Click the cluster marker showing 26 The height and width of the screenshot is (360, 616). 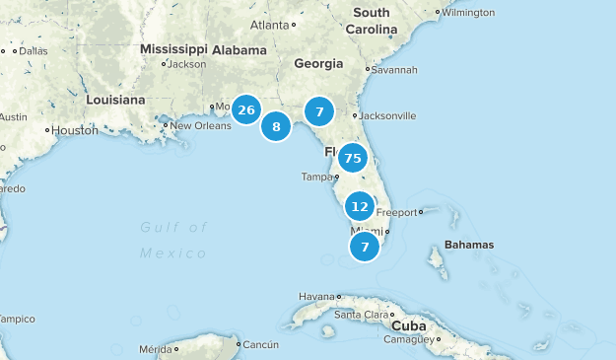(246, 109)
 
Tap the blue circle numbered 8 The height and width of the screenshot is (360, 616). (276, 126)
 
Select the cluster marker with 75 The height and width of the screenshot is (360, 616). (353, 158)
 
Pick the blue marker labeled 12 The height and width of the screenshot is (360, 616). (360, 206)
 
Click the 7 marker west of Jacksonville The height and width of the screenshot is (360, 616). (319, 111)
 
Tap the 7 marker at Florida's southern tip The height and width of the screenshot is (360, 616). (365, 247)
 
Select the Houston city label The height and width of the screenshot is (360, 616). (74, 130)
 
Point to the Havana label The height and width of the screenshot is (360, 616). (317, 296)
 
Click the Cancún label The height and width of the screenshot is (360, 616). (261, 345)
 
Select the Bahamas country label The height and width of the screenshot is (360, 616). (469, 245)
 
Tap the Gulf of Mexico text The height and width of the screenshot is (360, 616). (173, 240)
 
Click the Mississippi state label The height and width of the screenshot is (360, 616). (172, 48)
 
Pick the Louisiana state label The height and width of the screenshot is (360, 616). (115, 100)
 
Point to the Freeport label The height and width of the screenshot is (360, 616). (396, 212)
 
